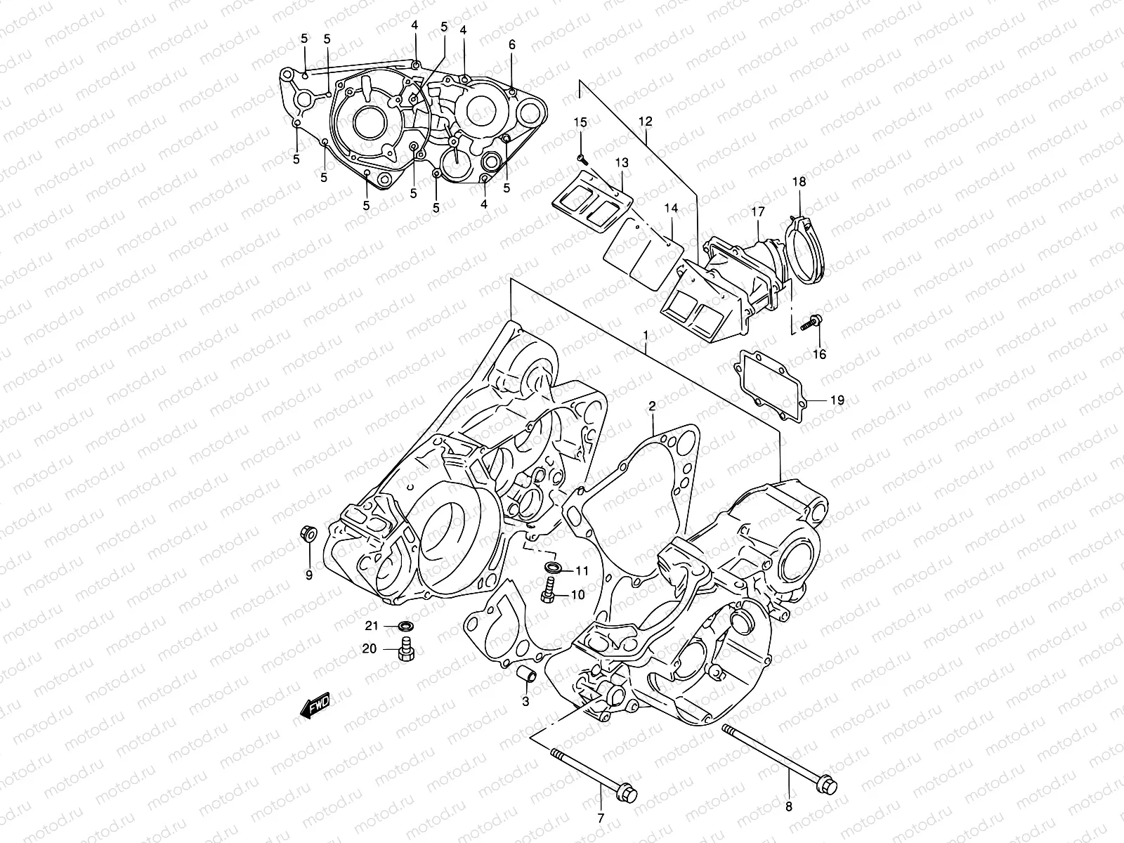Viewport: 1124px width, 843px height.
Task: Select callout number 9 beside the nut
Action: click(x=308, y=575)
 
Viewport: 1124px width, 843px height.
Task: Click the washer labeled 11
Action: click(x=553, y=567)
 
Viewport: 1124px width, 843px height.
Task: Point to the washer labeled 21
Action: click(x=406, y=625)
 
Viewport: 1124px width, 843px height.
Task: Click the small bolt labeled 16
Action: click(x=814, y=322)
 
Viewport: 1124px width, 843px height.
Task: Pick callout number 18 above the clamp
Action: click(x=799, y=182)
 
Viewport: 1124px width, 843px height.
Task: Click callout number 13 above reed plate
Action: click(x=622, y=163)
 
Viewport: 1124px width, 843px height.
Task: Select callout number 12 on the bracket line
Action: click(x=646, y=122)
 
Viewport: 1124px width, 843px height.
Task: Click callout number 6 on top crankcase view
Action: click(x=512, y=44)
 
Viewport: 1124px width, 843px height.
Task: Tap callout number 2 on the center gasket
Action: click(x=652, y=406)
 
